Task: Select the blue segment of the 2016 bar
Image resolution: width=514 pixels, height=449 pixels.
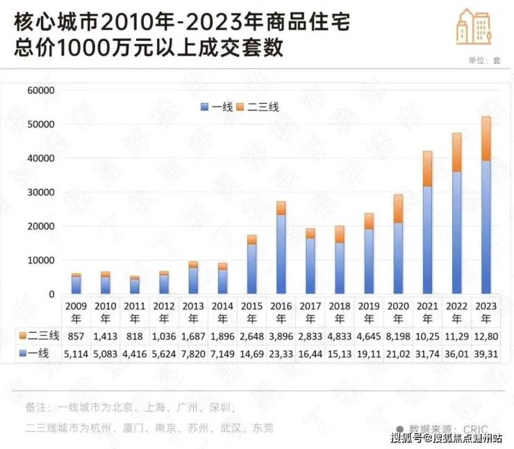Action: point(281,254)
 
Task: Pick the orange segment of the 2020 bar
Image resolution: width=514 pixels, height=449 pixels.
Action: point(398,209)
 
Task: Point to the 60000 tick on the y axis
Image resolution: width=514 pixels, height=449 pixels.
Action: point(40,90)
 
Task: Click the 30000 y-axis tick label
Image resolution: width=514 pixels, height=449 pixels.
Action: point(40,193)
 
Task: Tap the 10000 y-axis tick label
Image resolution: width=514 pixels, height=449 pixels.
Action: point(40,261)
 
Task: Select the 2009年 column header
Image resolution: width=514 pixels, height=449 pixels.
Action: point(76,311)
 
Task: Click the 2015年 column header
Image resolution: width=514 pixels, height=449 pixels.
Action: point(251,311)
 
